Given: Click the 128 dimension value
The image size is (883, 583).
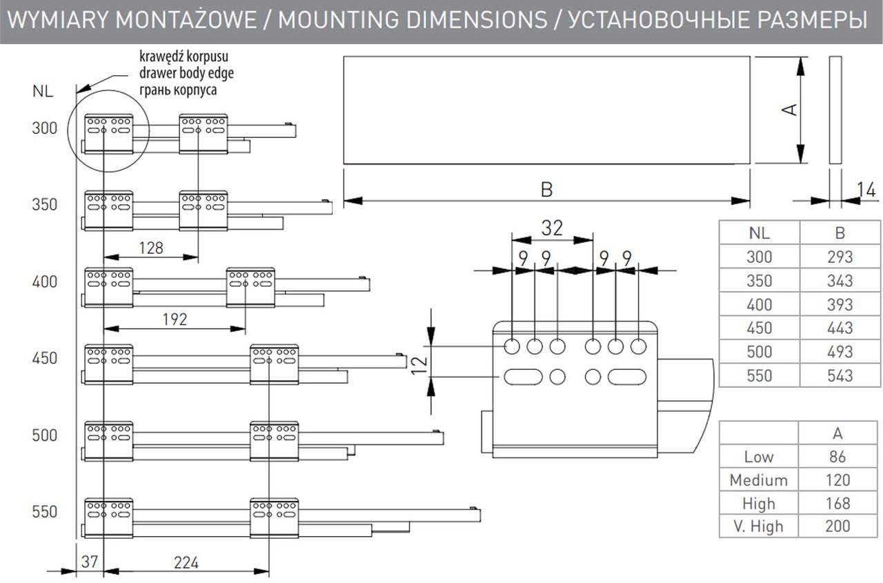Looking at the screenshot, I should [150, 248].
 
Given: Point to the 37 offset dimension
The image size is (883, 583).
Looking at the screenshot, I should [90, 562].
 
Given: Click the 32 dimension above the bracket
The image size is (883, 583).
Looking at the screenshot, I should [552, 228].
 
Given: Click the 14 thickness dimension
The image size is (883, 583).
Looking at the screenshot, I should [866, 188].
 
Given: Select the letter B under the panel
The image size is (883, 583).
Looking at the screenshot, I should [546, 190].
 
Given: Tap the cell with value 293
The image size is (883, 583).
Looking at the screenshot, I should [840, 257].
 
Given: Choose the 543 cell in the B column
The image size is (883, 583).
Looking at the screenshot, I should [840, 375].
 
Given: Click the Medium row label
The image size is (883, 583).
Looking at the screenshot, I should [758, 480].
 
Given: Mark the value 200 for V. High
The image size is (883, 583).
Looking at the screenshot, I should [837, 526].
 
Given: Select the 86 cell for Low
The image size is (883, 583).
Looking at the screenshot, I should [837, 457].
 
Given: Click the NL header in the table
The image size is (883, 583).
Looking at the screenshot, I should [759, 233].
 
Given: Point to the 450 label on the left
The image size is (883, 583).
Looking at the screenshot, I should [44, 359].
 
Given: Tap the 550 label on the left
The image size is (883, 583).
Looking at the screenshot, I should [44, 512].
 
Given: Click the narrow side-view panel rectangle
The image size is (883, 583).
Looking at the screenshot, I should [834, 110].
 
